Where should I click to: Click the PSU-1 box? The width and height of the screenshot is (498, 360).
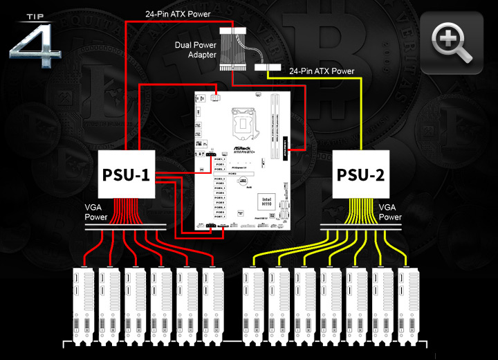[127, 173]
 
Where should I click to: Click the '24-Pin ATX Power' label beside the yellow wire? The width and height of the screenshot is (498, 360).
[322, 71]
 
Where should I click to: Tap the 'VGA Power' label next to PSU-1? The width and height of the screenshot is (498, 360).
[97, 211]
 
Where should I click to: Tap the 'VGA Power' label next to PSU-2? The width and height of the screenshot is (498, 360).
[389, 211]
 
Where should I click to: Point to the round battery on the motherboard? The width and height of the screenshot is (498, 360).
[243, 183]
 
